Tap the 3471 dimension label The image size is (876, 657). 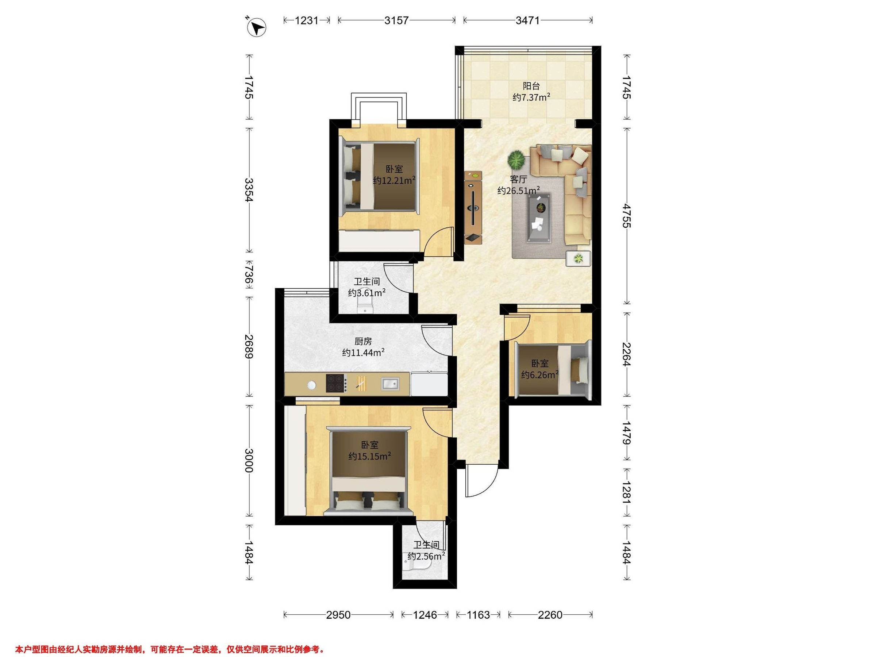(527, 20)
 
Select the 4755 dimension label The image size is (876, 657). (626, 215)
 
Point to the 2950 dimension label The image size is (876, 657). (338, 615)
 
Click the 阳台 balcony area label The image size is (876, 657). (531, 86)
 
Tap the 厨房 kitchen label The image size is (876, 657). (363, 341)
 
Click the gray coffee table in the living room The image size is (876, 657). (539, 217)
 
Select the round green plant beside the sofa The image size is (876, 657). (517, 160)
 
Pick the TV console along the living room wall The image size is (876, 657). (473, 207)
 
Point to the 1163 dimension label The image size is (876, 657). (478, 615)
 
